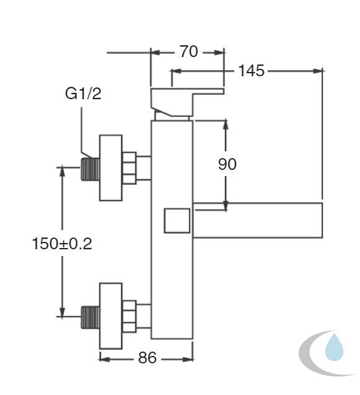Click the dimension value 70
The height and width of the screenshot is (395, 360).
188,51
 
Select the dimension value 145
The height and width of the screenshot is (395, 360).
251,71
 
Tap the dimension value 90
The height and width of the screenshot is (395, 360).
227,164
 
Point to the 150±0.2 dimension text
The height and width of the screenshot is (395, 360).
62,244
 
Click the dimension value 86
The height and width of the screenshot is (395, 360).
147,357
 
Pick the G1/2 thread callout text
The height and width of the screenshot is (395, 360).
83,94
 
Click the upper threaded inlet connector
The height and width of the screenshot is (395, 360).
90,169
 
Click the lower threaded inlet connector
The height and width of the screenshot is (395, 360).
90,317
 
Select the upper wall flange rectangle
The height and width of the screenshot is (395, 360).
111,168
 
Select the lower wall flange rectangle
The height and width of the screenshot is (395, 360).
111,316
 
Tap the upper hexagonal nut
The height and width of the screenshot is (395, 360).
130,168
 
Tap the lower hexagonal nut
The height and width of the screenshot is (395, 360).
130,316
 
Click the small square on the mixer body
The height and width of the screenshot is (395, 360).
177,220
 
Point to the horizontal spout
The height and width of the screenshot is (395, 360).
258,220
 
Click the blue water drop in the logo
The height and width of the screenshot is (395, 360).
335,347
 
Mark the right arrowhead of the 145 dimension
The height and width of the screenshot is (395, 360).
318,71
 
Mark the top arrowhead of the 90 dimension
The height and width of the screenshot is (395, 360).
226,125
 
